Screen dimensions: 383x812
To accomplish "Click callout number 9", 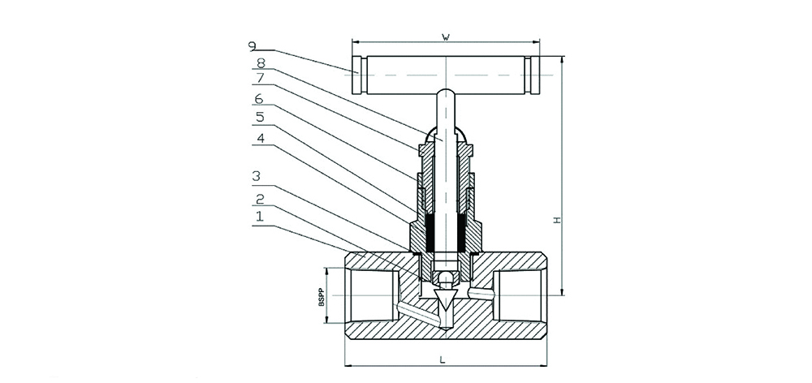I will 255,46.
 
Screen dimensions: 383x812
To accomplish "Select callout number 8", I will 261,62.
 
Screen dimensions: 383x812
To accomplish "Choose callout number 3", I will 257,176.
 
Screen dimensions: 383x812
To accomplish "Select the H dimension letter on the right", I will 555,220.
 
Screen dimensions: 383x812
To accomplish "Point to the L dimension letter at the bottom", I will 443,357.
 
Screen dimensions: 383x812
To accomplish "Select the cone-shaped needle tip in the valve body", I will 445,307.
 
